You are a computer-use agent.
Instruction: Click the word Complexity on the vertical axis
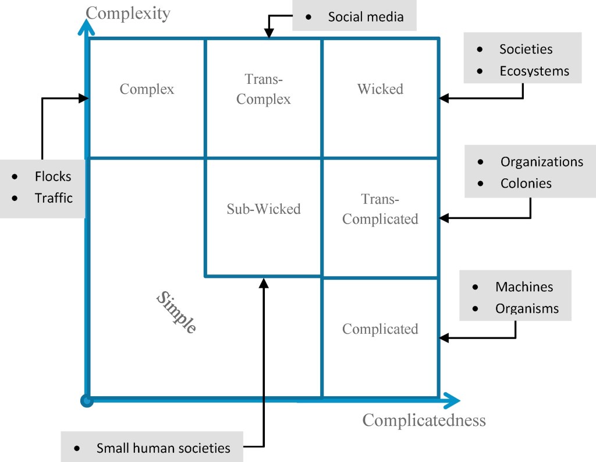128,13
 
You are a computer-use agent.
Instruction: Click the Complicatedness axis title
424,420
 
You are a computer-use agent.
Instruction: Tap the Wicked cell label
380,89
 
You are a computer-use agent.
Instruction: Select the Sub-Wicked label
264,209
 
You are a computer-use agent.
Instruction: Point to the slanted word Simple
176,312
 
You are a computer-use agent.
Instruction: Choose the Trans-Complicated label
380,209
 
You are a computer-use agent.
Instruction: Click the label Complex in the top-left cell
147,89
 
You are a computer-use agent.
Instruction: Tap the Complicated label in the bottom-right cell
380,329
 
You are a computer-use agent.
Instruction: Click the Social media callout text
366,17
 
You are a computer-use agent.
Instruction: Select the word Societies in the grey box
526,50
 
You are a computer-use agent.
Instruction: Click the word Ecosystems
534,71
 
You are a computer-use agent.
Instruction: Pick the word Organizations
541,161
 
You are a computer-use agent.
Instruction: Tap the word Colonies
526,183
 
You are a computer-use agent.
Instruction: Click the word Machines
524,287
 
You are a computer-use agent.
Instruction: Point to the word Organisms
527,308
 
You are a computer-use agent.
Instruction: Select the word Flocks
52,176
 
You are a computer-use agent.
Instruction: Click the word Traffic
54,198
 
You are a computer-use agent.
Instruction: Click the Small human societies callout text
163,448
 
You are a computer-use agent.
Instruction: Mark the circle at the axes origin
87,400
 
